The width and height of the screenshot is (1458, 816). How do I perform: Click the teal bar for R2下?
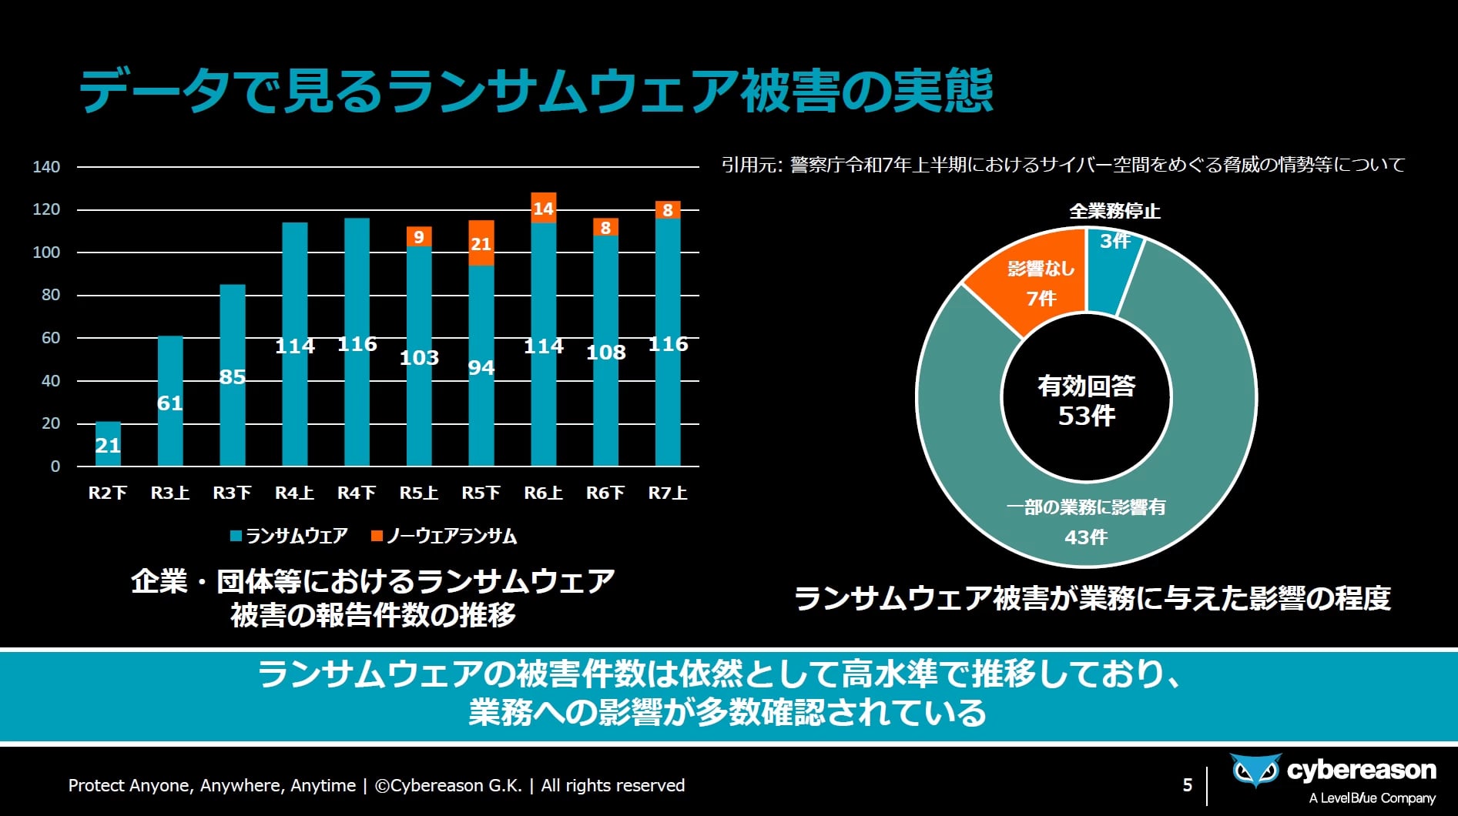tap(108, 444)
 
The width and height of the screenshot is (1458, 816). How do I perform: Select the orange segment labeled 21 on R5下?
tap(481, 243)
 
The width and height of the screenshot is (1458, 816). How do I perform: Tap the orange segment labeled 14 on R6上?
tap(544, 208)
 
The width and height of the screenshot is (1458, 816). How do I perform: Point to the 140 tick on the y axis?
tap(46, 167)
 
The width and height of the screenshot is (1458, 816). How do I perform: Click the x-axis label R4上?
tap(294, 493)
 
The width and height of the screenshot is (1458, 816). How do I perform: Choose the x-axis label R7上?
tap(667, 493)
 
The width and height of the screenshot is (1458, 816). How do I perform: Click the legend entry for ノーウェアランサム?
tap(451, 536)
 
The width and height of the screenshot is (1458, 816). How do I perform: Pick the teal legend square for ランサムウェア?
tap(236, 536)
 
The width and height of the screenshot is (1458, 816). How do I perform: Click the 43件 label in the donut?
tap(1086, 537)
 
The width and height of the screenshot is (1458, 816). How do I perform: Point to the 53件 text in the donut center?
tap(1086, 416)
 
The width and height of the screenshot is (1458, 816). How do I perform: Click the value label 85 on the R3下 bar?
tap(233, 377)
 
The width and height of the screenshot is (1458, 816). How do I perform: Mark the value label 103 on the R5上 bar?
tap(419, 358)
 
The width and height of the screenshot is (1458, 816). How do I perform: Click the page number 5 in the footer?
tap(1187, 784)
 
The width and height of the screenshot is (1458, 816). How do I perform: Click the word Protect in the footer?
tap(95, 785)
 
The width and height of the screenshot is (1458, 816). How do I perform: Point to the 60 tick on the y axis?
tap(51, 338)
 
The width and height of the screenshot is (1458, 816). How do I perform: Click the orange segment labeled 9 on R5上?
tap(419, 237)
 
